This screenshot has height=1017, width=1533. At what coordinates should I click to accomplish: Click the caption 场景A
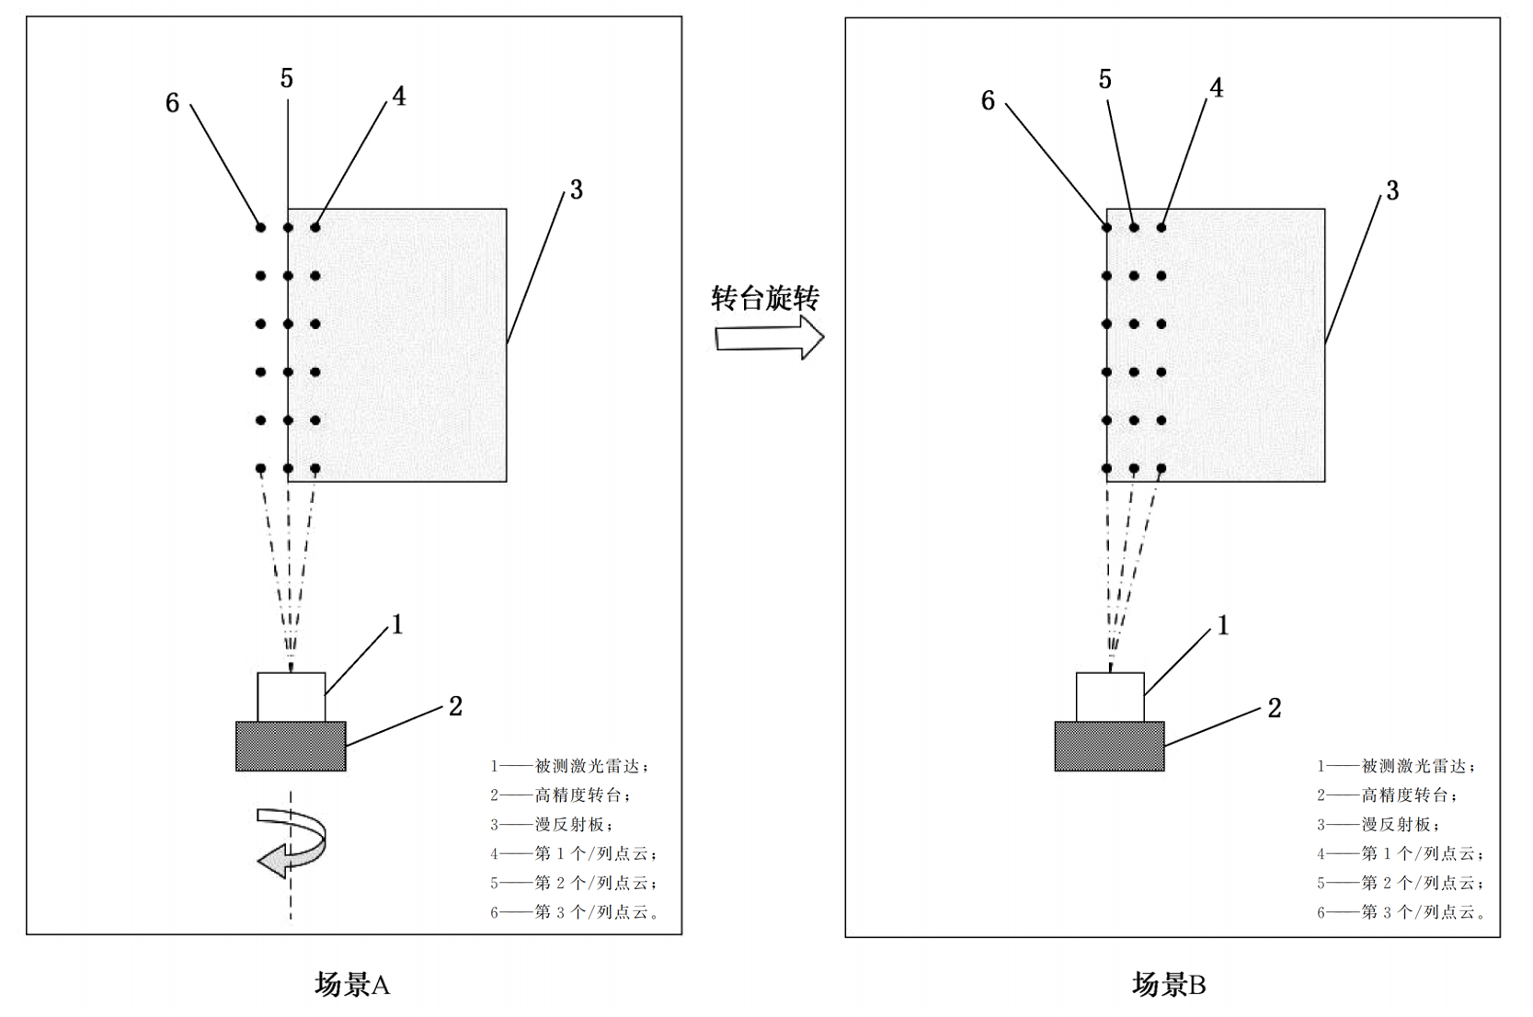(x=352, y=985)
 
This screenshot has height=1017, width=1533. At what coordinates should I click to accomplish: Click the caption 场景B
(x=1169, y=985)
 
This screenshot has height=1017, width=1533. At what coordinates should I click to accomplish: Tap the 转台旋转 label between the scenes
(x=765, y=298)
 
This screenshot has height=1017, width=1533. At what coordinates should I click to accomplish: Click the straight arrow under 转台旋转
(x=769, y=337)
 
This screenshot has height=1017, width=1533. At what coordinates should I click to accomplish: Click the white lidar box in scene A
(x=291, y=697)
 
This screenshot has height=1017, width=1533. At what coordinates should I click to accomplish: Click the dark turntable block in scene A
(x=291, y=746)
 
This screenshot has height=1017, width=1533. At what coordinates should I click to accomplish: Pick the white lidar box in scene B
(x=1110, y=697)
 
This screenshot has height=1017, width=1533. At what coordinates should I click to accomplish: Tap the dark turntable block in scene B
(x=1109, y=746)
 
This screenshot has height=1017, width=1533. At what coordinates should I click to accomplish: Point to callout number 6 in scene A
(x=172, y=103)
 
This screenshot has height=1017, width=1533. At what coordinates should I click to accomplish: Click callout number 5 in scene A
(x=287, y=79)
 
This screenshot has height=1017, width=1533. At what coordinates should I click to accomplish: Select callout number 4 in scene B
(x=1216, y=88)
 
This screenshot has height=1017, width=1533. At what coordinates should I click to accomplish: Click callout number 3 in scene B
(x=1392, y=190)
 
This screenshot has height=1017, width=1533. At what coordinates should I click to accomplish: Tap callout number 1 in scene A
(x=397, y=625)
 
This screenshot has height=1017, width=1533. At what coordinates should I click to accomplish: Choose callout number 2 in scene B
(x=1275, y=708)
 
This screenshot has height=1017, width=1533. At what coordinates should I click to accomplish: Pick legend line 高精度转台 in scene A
(x=561, y=795)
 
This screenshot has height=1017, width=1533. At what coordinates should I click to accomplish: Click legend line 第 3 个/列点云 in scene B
(x=1401, y=912)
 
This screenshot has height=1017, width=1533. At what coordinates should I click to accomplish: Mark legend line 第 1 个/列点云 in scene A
(x=574, y=854)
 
